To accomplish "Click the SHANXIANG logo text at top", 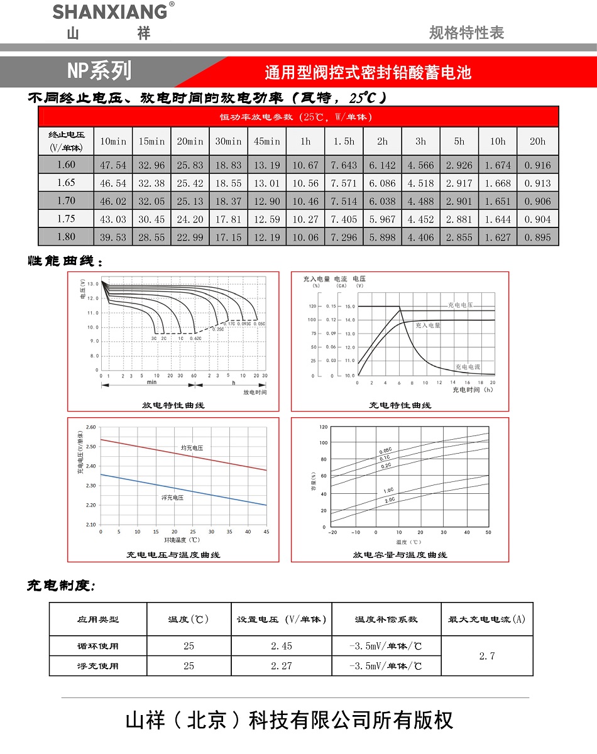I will click(x=110, y=11).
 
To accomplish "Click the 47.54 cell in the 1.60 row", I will click(x=113, y=165).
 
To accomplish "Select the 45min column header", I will click(x=267, y=141).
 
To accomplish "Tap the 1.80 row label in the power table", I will click(x=66, y=237).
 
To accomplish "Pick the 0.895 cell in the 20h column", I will click(x=537, y=237).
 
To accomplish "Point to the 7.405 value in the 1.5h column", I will click(x=344, y=219).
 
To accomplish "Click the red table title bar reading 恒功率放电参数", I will click(x=298, y=117).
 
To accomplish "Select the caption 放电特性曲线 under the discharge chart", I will click(x=173, y=405).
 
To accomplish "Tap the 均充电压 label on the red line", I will click(x=192, y=447).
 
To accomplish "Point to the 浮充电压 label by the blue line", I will click(x=172, y=497).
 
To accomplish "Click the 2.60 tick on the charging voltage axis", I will click(x=90, y=427).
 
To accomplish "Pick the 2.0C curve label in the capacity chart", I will click(x=390, y=500).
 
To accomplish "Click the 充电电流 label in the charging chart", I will click(x=468, y=366).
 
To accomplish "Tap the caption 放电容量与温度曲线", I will click(x=400, y=555).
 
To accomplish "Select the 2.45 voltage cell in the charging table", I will click(x=282, y=646).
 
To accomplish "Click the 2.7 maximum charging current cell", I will click(x=487, y=656).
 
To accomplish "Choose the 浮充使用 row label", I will click(x=98, y=665).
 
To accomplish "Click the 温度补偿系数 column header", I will click(x=386, y=619).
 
